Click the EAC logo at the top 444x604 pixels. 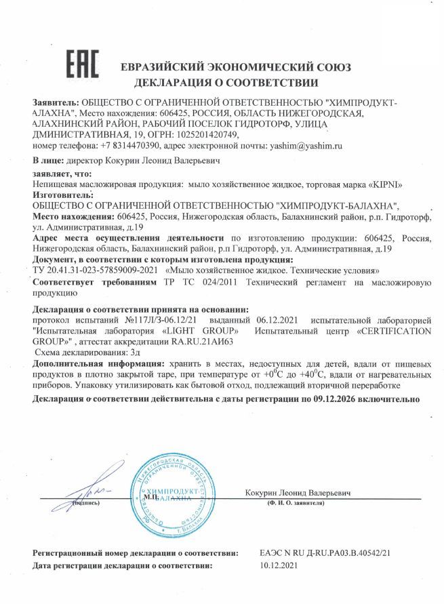click(x=82, y=64)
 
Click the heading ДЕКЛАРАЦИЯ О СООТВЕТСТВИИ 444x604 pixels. click(x=226, y=83)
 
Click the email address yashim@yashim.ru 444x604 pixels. click(x=306, y=145)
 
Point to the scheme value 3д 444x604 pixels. click(x=123, y=353)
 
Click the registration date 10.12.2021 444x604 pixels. click(x=279, y=565)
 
